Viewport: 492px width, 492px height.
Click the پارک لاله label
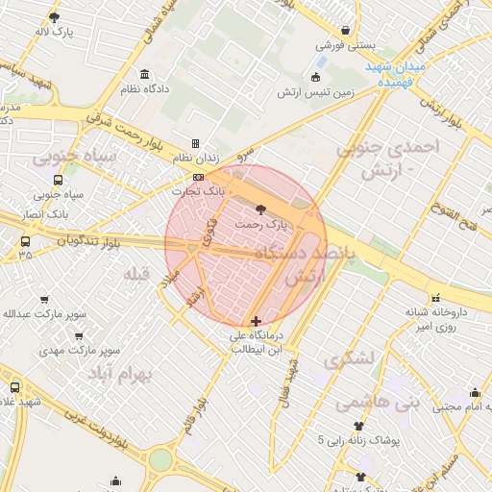click(x=56, y=32)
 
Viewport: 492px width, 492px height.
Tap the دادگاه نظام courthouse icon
click(x=144, y=75)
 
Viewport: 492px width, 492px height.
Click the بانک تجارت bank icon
click(x=198, y=178)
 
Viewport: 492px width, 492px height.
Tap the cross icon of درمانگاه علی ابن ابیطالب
click(x=255, y=322)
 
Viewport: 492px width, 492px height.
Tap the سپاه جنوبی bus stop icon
click(x=59, y=180)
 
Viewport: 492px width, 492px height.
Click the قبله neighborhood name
click(x=138, y=275)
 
